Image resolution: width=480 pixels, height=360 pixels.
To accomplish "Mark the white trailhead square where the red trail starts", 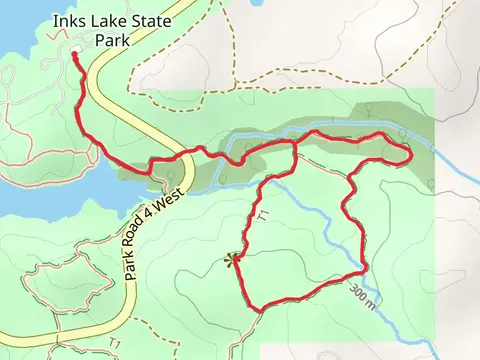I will [x=76, y=55].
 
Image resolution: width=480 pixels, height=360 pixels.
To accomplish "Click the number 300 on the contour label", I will [x=358, y=292].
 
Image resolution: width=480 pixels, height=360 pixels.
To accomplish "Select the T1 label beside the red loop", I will [x=263, y=213].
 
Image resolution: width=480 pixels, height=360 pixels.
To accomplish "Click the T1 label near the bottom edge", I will [x=116, y=344].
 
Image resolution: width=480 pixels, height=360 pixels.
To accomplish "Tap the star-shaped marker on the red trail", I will [x=234, y=260].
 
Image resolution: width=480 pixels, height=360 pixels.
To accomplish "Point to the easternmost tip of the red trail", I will [x=412, y=154].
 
